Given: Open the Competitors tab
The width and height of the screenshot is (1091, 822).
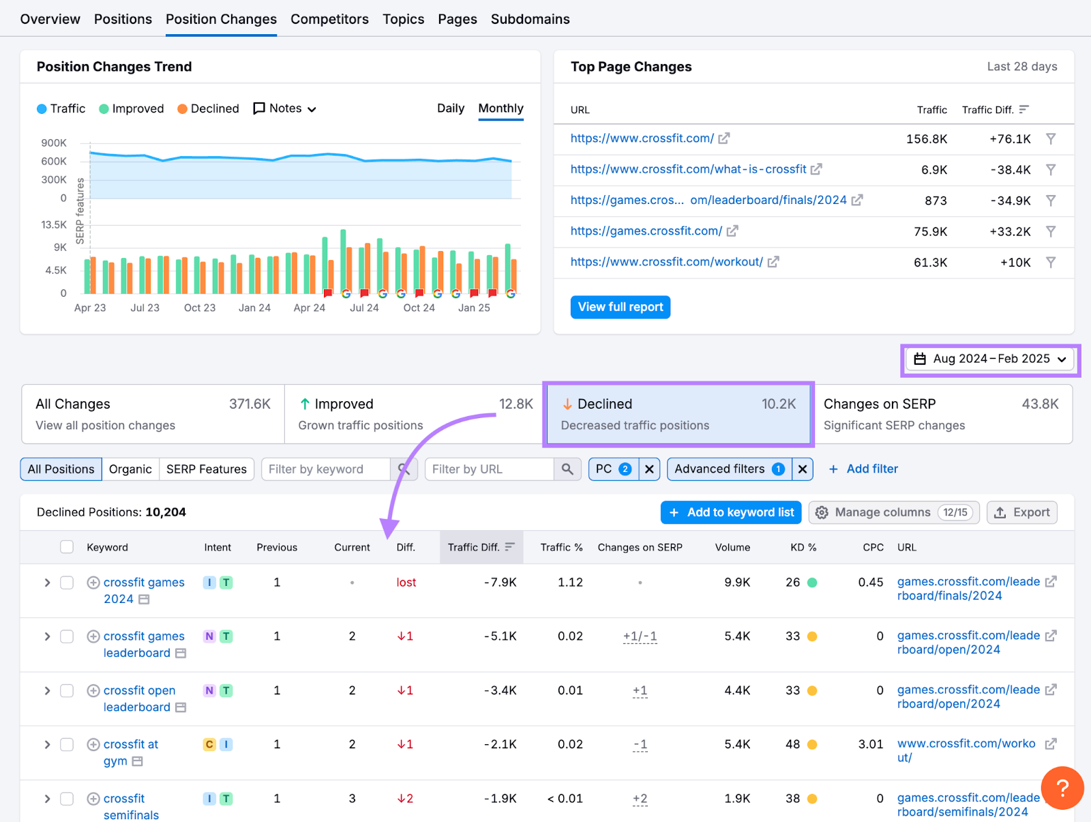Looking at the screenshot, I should pyautogui.click(x=329, y=19).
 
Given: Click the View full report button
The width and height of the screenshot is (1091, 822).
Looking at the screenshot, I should pyautogui.click(x=620, y=307).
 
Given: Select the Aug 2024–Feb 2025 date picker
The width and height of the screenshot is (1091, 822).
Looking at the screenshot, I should pyautogui.click(x=990, y=359).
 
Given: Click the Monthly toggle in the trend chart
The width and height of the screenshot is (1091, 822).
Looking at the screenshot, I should pyautogui.click(x=500, y=108).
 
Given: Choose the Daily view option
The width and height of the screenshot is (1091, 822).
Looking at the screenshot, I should pyautogui.click(x=450, y=108).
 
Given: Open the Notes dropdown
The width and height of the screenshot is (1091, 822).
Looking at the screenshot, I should pyautogui.click(x=285, y=108).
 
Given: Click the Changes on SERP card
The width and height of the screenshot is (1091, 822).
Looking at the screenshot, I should pyautogui.click(x=941, y=414).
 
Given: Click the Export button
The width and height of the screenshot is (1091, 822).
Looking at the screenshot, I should pyautogui.click(x=1021, y=512).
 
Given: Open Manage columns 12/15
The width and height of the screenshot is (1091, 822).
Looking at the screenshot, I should pyautogui.click(x=893, y=512).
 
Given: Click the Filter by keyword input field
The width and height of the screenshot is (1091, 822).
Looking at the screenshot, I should pyautogui.click(x=325, y=469).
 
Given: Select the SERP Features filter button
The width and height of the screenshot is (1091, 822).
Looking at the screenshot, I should pyautogui.click(x=206, y=469).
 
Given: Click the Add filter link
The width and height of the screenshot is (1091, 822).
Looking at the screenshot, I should pyautogui.click(x=863, y=469).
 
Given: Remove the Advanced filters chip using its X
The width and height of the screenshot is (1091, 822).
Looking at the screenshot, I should pyautogui.click(x=803, y=469).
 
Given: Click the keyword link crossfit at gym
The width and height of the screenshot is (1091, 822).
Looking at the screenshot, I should pyautogui.click(x=130, y=744).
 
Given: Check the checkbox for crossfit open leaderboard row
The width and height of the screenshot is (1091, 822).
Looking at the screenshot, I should pyautogui.click(x=67, y=690).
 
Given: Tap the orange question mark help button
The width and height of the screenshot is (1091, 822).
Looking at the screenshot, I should pyautogui.click(x=1062, y=788).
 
